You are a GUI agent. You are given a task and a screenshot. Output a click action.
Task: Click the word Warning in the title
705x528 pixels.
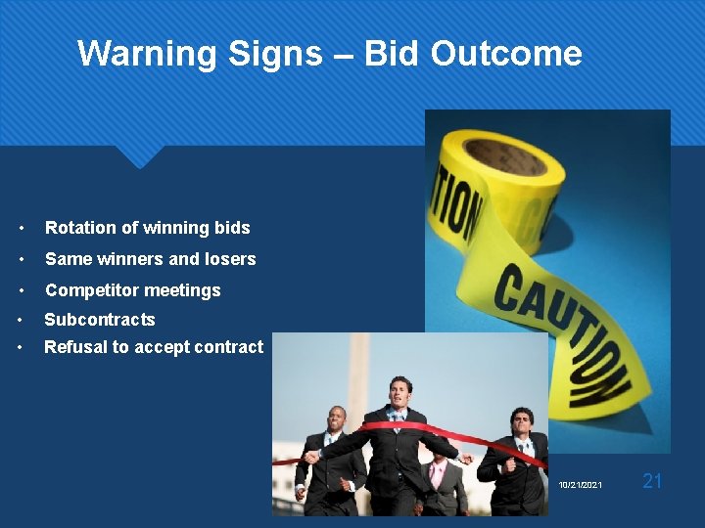click(x=147, y=53)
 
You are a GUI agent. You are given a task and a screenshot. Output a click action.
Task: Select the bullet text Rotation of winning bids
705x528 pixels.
click(x=148, y=228)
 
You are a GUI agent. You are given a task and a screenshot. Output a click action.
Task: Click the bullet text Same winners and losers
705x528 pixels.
click(x=151, y=259)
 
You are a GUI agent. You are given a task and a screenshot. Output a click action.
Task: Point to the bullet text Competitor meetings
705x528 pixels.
click(x=133, y=290)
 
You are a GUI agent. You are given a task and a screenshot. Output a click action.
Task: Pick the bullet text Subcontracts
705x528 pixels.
click(x=100, y=320)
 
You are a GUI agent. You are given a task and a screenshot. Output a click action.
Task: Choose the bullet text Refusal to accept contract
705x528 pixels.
click(x=154, y=347)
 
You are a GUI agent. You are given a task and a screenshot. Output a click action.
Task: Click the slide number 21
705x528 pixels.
click(x=652, y=480)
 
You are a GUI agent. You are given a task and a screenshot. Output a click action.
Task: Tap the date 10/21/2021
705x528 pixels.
click(x=582, y=485)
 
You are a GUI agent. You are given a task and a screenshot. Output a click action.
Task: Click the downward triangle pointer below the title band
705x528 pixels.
click(x=138, y=156)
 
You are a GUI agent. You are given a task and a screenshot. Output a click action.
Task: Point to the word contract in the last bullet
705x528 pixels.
click(x=229, y=347)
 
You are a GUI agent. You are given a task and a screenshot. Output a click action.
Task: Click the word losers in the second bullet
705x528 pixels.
click(x=230, y=259)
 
